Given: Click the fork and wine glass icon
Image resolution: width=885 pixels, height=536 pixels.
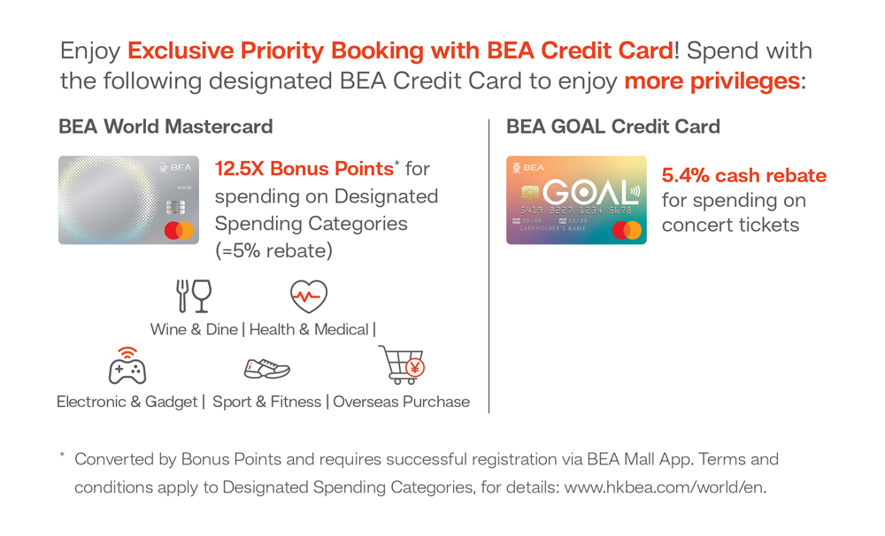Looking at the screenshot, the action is (x=194, y=295).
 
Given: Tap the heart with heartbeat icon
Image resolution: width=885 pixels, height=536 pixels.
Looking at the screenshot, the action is (x=309, y=296).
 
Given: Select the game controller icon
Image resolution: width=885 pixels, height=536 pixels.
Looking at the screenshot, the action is (x=127, y=366).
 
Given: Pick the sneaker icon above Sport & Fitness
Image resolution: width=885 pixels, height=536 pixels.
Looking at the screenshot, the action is (x=267, y=369).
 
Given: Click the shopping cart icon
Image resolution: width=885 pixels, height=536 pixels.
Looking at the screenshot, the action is (x=401, y=364).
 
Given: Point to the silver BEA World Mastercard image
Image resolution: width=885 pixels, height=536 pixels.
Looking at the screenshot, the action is (x=128, y=200).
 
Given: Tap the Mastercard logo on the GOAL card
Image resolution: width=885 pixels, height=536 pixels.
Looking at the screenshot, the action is (x=627, y=230).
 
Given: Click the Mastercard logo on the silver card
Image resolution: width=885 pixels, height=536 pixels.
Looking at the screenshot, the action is (x=179, y=230).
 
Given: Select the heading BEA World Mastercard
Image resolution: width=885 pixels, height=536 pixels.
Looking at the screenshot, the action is (x=166, y=126).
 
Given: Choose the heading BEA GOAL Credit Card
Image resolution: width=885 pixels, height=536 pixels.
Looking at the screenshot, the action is (x=613, y=126).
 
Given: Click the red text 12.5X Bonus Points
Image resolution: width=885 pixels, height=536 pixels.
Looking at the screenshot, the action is (x=304, y=168).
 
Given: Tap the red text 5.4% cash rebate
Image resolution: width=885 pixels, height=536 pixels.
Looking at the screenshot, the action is (x=744, y=175).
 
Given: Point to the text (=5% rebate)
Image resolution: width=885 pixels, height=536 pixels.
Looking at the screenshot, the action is (x=273, y=250).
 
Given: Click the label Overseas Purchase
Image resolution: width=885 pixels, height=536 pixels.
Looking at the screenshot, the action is (x=401, y=402).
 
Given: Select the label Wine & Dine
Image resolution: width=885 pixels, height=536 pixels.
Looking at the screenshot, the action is (x=194, y=330).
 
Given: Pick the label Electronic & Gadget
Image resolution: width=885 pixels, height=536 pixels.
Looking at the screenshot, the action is (x=127, y=402).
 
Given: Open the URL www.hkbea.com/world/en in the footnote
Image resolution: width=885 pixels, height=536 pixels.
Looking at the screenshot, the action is (x=665, y=487).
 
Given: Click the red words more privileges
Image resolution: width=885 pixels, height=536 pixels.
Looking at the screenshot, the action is (x=712, y=81).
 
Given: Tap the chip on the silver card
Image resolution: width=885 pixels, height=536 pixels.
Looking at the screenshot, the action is (x=175, y=208).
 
